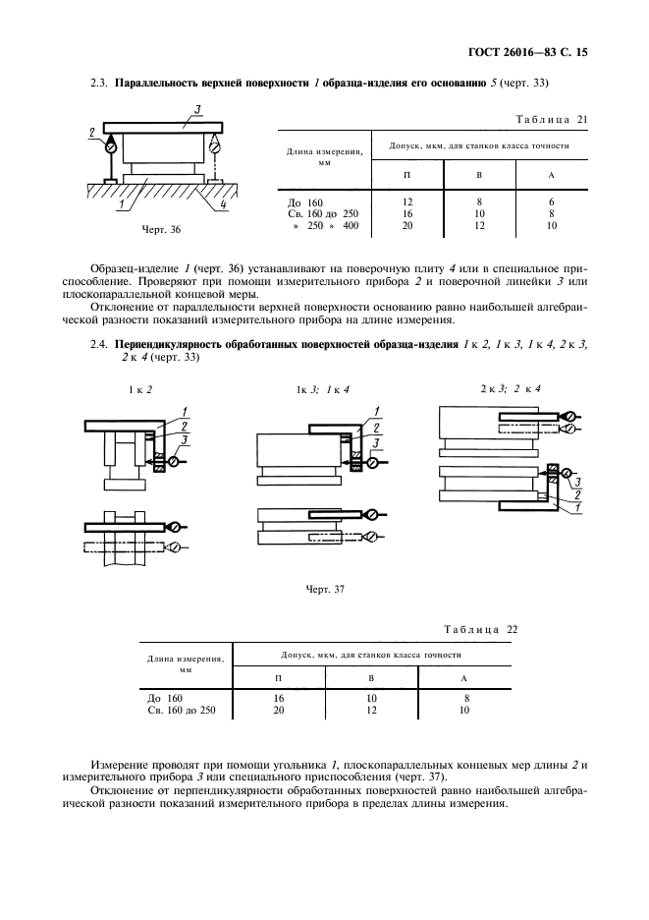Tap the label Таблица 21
click(x=551, y=119)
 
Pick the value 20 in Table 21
click(x=406, y=225)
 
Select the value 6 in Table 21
click(x=552, y=201)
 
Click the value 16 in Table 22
click(x=278, y=696)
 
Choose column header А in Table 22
click(x=463, y=677)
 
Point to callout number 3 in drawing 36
click(x=198, y=109)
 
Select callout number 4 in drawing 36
click(x=225, y=205)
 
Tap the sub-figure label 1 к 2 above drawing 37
click(x=140, y=388)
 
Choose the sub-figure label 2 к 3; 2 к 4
click(x=503, y=388)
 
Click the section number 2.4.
click(x=96, y=345)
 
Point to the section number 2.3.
click(x=96, y=86)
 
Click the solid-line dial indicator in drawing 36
click(x=110, y=144)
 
